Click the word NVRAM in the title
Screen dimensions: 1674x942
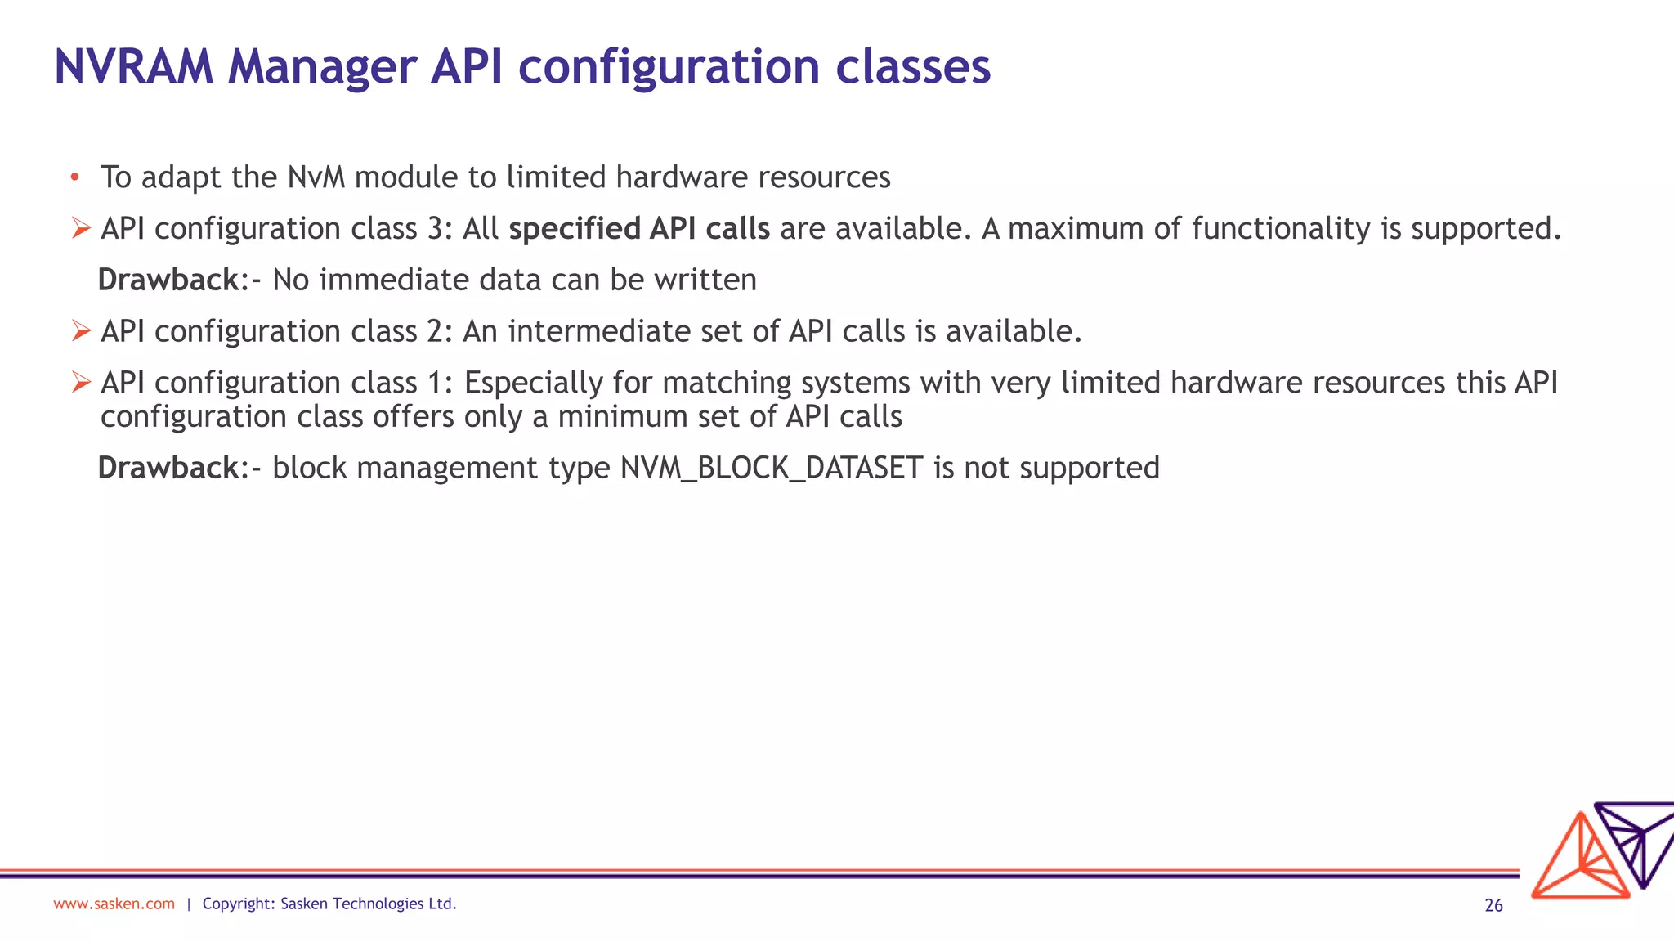(x=133, y=67)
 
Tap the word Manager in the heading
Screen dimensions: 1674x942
(x=322, y=67)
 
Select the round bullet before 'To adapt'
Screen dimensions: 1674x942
(x=74, y=177)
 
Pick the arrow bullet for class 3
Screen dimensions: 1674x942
(x=80, y=228)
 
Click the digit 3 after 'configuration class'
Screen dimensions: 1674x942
(x=436, y=229)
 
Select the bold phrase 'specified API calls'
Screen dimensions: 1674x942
(x=639, y=229)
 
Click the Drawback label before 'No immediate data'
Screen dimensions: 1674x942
(x=168, y=280)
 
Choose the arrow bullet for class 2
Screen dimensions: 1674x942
(x=80, y=331)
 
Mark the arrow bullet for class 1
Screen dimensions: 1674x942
(x=80, y=382)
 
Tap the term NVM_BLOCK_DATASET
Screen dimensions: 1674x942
(x=772, y=469)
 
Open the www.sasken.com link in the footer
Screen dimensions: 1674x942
(x=114, y=904)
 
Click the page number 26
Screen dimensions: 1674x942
(x=1493, y=905)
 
